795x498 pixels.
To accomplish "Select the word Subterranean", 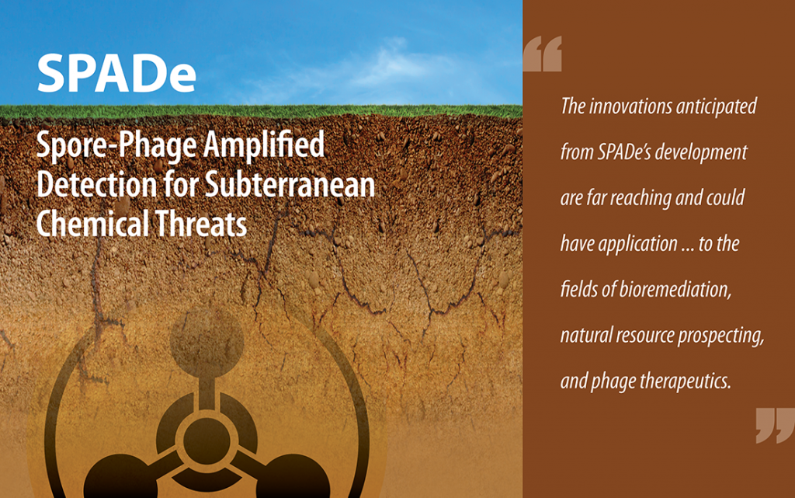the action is pyautogui.click(x=290, y=185).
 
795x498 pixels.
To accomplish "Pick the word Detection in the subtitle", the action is pyautogui.click(x=96, y=185).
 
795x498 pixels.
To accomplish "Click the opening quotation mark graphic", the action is pyautogui.click(x=543, y=54).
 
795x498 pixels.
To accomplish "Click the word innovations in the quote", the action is pyautogui.click(x=630, y=106).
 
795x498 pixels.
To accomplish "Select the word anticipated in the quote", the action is pyautogui.click(x=716, y=107).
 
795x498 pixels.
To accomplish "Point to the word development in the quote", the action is pyautogui.click(x=701, y=153).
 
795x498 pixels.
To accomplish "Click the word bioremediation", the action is pyautogui.click(x=675, y=290).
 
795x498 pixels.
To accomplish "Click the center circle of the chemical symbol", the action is pyautogui.click(x=207, y=441).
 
